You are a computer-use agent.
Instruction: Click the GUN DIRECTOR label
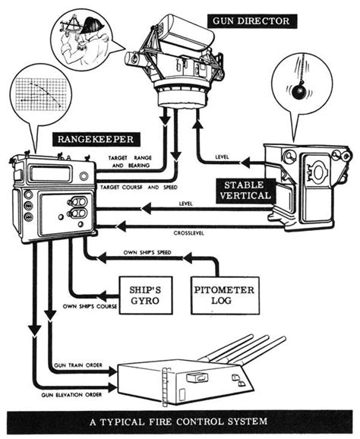(251, 21)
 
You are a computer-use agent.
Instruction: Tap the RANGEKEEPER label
(96, 139)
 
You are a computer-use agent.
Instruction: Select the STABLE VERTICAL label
(245, 191)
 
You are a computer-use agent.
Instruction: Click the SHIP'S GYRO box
(146, 295)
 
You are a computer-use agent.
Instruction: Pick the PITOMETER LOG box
(225, 295)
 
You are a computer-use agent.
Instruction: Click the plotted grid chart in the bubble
(40, 94)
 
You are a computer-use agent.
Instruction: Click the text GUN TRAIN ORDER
(78, 365)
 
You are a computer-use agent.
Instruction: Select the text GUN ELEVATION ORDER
(71, 395)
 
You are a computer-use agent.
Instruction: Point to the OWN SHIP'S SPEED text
(147, 252)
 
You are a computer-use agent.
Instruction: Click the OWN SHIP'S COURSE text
(90, 306)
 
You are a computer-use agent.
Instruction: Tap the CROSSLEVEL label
(188, 233)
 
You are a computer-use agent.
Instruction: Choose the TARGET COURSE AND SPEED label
(139, 188)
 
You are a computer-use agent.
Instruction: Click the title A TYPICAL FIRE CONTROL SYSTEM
(178, 422)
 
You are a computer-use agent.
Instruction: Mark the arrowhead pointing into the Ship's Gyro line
(103, 296)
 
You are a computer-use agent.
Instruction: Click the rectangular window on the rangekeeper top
(50, 174)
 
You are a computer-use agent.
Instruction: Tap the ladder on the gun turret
(165, 387)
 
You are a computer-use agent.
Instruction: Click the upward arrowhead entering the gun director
(197, 123)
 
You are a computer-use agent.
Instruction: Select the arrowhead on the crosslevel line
(122, 226)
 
